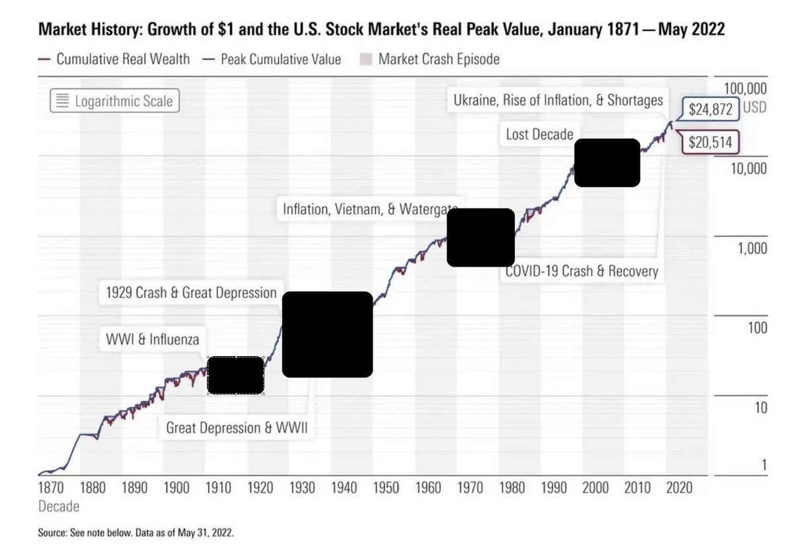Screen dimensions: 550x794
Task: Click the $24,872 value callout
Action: coord(711,109)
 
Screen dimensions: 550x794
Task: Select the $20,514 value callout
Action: coord(711,142)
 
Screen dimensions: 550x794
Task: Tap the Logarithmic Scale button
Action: coord(114,101)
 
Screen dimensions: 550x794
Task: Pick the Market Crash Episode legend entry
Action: coord(430,59)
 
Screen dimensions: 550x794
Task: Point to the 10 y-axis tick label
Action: coord(760,408)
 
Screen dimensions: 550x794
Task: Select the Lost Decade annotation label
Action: coord(540,134)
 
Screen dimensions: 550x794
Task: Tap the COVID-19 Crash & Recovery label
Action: coord(582,271)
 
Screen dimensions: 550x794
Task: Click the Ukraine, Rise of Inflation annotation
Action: coord(558,101)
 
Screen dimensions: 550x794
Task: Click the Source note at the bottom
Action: coord(135,531)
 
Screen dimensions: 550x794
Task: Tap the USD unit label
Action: coord(755,107)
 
